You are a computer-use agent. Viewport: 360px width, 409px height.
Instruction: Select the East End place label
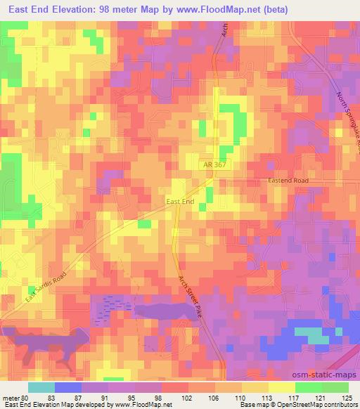pos(179,202)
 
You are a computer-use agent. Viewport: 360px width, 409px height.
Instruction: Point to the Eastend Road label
pos(288,181)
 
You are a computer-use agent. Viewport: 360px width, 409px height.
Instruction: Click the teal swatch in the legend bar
pos(41,387)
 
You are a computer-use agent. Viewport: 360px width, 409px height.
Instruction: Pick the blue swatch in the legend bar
pos(67,387)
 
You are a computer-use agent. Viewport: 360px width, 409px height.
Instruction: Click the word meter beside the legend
pos(11,397)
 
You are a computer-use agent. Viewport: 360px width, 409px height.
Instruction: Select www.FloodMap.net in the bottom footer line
pos(134,405)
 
